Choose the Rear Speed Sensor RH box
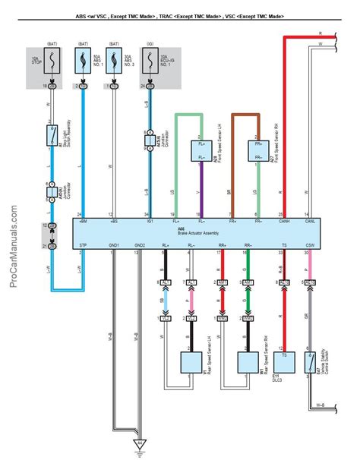245,361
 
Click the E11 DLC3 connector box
284,361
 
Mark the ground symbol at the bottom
139,443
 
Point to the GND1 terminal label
113,246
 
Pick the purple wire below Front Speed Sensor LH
201,190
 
